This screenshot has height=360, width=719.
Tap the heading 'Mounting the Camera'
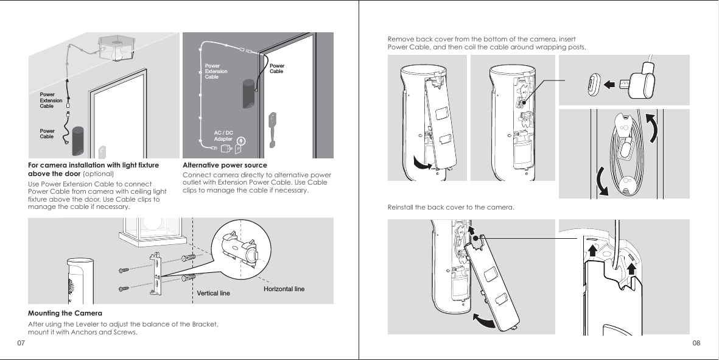(x=58, y=313)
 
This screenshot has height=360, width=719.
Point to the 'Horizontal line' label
(x=284, y=288)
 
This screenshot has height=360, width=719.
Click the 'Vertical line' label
(x=214, y=294)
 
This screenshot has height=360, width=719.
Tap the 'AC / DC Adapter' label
(x=223, y=136)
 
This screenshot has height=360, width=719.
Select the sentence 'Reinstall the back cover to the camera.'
(x=451, y=208)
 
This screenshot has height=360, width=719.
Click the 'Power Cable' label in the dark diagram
(x=277, y=68)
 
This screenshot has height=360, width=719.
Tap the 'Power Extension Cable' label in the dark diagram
(x=216, y=71)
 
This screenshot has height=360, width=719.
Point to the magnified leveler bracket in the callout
(x=239, y=249)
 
